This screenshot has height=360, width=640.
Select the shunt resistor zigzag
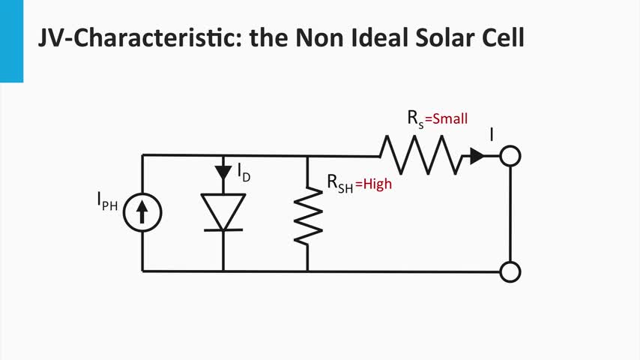click(x=308, y=214)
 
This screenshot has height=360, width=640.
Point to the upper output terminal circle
click(x=510, y=156)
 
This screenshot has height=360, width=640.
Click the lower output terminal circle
click(x=510, y=271)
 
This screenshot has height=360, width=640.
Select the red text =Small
click(x=447, y=119)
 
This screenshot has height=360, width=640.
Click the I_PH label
click(x=107, y=201)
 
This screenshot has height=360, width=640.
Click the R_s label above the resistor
click(x=415, y=118)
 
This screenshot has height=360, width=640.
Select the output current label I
click(x=492, y=135)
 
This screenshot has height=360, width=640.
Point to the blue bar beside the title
click(x=11, y=40)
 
